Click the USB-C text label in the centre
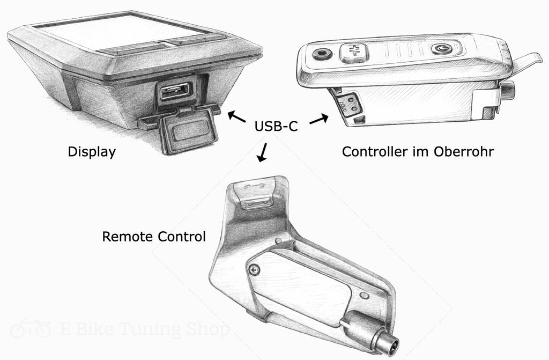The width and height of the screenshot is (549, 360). [x=275, y=128]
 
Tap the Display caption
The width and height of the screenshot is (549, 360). [x=92, y=152]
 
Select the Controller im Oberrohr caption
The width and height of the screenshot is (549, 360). [x=418, y=152]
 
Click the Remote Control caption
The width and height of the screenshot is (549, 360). [x=154, y=236]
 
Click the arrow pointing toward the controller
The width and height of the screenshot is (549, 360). [x=318, y=119]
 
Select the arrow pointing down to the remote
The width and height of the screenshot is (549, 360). [x=262, y=153]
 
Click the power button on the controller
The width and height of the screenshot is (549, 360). [x=441, y=49]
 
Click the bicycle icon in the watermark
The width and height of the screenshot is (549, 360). [x=31, y=328]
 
